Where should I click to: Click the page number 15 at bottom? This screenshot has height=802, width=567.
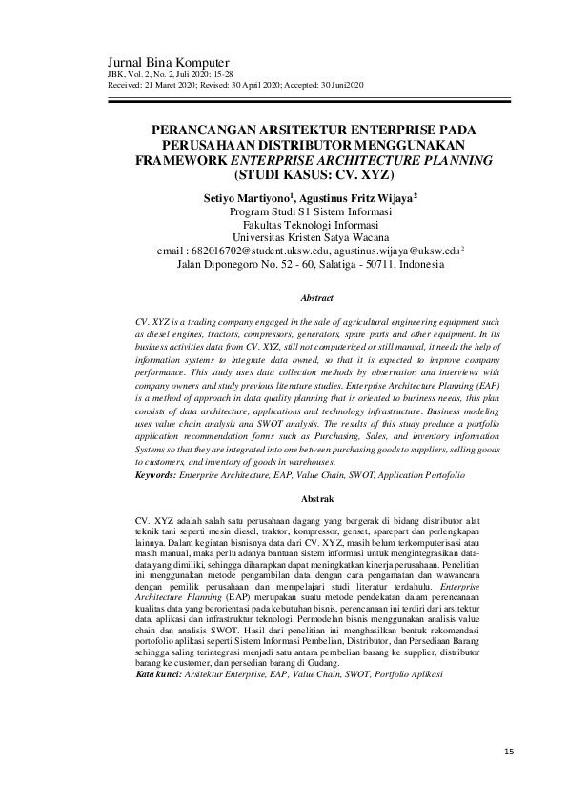(x=510, y=752)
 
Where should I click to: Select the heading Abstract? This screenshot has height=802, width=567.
(x=316, y=298)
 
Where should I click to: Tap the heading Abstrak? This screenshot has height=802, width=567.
(x=316, y=499)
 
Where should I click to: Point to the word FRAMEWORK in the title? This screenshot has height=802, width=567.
(x=184, y=161)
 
